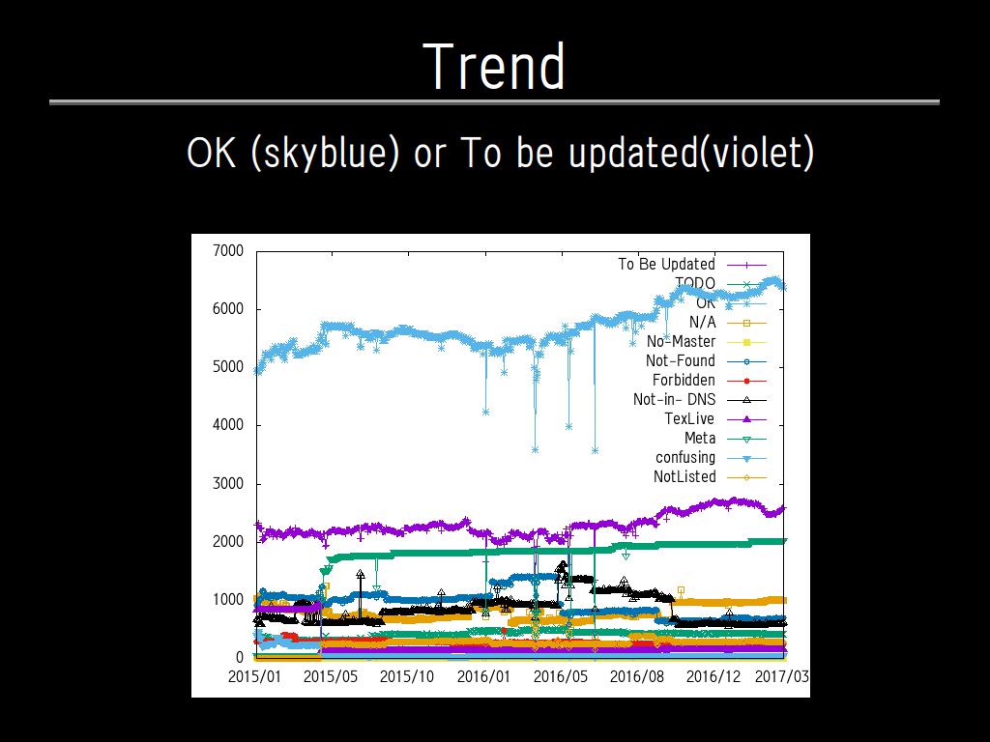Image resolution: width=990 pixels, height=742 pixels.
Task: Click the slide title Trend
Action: [x=494, y=66]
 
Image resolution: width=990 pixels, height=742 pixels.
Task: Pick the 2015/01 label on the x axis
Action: [x=255, y=676]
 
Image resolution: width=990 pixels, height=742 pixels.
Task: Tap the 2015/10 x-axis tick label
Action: [x=407, y=676]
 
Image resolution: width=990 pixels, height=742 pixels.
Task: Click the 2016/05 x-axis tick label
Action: [x=561, y=676]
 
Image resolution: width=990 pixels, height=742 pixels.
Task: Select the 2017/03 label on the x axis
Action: [x=782, y=676]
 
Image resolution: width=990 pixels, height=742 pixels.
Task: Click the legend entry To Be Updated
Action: [x=666, y=264]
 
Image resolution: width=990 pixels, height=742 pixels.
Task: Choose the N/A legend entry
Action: [x=702, y=322]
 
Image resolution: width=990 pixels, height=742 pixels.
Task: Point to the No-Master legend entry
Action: [x=681, y=341]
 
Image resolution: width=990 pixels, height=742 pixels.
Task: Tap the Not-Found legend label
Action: [x=681, y=360]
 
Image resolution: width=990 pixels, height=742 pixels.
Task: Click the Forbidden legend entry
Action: [x=684, y=380]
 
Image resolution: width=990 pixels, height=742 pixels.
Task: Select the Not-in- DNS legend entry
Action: [x=674, y=399]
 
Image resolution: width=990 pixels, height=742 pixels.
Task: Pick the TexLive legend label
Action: [x=689, y=418]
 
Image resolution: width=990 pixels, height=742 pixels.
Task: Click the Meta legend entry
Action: [x=700, y=438]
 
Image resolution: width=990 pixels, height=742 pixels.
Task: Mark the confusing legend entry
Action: [x=685, y=457]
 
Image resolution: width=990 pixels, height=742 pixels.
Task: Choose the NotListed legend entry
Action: [x=684, y=476]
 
